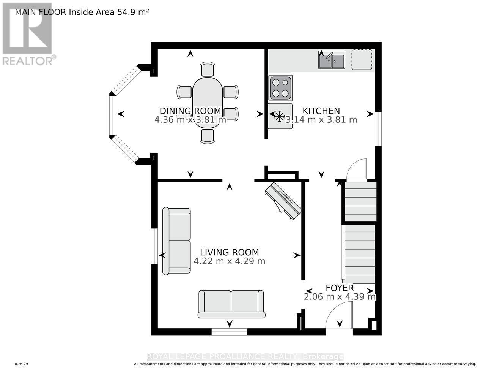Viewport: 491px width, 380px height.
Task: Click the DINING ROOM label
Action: pos(190,111)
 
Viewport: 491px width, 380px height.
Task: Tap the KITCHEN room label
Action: pos(321,111)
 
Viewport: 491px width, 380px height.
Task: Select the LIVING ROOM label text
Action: pos(229,252)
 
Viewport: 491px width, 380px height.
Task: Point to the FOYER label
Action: pos(340,288)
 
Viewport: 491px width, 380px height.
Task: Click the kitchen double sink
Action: pos(332,60)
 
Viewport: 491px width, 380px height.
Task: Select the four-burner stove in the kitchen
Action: pos(280,87)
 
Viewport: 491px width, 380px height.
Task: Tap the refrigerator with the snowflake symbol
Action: pos(280,116)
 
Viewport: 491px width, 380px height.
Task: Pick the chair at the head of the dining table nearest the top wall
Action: pos(208,69)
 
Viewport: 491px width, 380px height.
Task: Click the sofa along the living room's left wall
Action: pos(176,241)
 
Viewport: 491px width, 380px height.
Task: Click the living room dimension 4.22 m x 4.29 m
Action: pos(229,261)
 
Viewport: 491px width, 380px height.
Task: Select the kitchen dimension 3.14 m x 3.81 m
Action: pos(321,120)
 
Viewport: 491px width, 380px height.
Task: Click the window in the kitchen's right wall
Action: pos(378,128)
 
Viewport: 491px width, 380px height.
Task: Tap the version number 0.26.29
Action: pos(22,364)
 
